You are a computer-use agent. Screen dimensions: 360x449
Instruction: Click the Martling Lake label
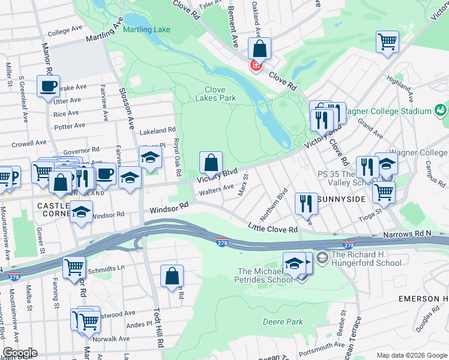point(147,29)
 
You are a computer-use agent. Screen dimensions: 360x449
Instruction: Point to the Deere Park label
point(283,322)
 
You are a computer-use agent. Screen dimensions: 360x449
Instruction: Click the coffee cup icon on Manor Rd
point(48,85)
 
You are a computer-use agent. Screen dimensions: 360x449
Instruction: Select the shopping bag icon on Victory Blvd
point(211,163)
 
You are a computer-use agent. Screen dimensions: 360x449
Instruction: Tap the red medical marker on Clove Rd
point(256,65)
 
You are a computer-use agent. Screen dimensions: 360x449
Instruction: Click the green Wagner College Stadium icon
point(441,110)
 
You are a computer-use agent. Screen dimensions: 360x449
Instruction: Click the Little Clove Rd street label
point(273,229)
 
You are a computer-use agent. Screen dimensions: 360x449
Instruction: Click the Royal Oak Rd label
point(178,157)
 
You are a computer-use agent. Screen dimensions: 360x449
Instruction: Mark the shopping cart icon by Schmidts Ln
point(74,267)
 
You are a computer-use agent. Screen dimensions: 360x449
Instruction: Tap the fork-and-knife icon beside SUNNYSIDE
point(307,203)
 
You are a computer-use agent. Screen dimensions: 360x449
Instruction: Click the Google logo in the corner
point(19,353)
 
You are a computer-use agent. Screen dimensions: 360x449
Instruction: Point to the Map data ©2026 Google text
point(412,355)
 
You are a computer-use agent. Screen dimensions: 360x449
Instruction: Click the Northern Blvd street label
point(282,205)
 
